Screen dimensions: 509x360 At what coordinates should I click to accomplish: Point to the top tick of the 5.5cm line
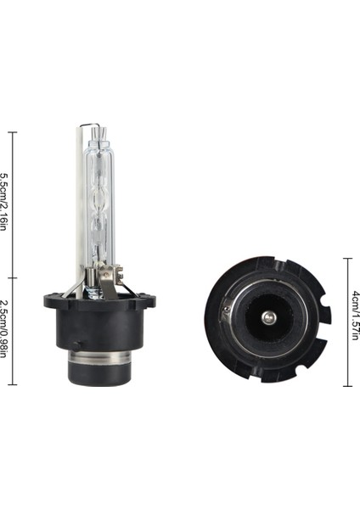[x=11, y=133]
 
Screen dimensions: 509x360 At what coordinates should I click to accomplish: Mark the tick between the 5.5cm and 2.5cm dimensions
[x=11, y=277]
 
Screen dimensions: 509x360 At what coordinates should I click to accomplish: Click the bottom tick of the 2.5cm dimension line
[x=11, y=384]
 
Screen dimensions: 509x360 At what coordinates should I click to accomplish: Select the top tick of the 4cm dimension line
[x=347, y=259]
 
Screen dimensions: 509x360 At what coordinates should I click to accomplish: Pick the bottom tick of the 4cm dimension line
[x=347, y=385]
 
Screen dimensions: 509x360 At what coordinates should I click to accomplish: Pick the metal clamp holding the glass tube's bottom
[x=104, y=276]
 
